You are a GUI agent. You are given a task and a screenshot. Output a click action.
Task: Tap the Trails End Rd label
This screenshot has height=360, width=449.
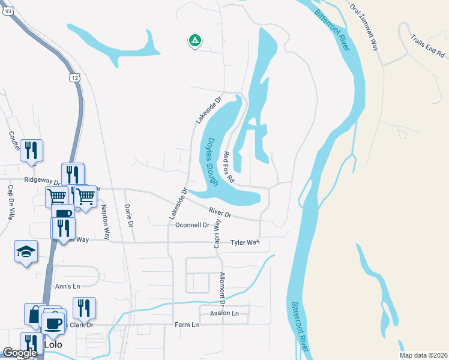(427, 47)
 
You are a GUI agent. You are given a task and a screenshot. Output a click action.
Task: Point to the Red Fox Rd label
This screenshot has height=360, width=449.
(228, 167)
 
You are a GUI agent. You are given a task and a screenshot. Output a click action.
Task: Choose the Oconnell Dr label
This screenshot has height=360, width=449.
(192, 225)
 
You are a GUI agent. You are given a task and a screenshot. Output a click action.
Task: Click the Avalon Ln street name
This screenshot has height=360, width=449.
(224, 313)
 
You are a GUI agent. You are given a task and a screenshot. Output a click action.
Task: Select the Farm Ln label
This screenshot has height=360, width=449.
(187, 325)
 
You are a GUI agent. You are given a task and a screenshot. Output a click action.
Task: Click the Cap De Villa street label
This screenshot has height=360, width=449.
(10, 202)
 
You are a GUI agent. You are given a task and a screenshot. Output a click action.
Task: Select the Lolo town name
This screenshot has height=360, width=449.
(53, 344)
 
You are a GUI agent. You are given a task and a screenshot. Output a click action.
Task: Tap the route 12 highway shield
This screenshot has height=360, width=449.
(74, 77)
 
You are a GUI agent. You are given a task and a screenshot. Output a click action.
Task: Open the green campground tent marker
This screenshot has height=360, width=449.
(194, 41)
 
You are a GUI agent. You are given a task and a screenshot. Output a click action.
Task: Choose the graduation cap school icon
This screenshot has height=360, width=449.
(26, 251)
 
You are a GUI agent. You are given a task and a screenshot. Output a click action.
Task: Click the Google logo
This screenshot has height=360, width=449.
(20, 353)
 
